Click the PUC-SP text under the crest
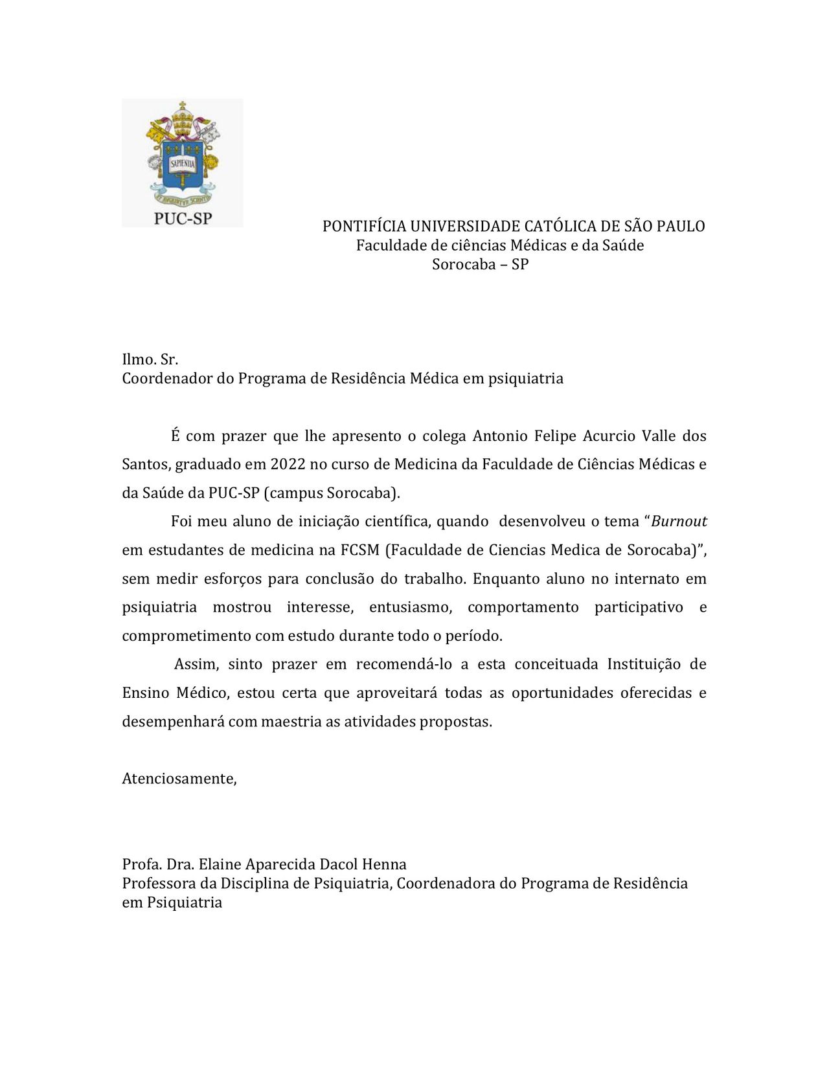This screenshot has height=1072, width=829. point(183,218)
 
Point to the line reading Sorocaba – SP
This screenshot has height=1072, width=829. point(480,265)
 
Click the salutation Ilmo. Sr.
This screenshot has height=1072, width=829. point(150,359)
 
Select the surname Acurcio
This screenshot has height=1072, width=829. point(609,436)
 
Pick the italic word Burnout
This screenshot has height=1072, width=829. point(679,522)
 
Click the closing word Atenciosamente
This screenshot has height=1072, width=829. point(179,779)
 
